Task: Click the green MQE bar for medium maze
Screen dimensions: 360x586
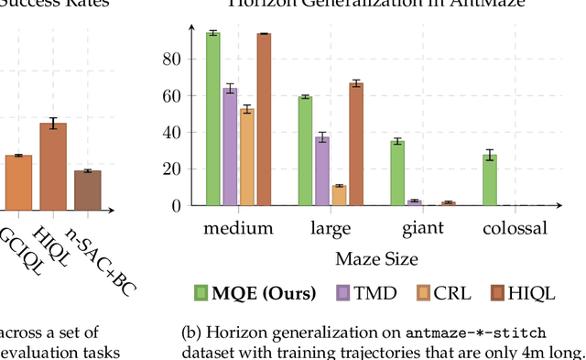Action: (x=212, y=119)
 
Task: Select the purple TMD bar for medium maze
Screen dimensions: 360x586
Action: (x=230, y=147)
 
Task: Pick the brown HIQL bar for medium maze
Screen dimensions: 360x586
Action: (x=264, y=119)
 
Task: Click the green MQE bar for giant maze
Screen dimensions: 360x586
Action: (x=397, y=173)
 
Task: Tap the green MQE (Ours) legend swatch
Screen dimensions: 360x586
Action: (x=201, y=293)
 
